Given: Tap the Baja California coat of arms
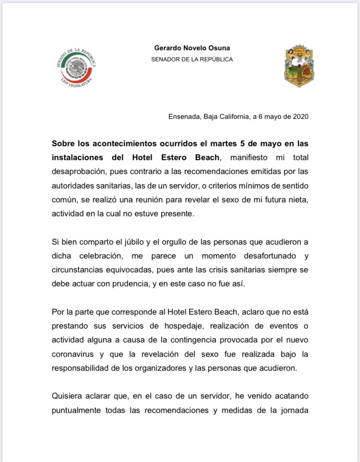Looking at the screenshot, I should pos(299,66).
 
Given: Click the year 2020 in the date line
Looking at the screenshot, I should pos(299,117).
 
